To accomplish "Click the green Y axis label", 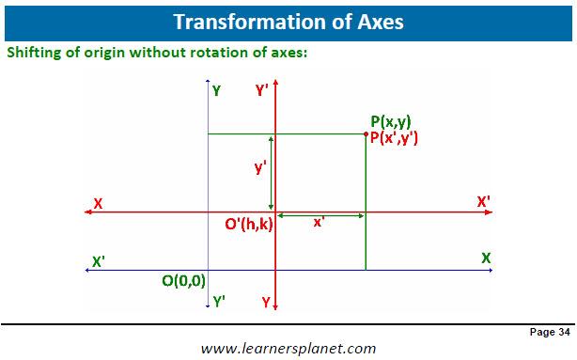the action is pyautogui.click(x=217, y=90).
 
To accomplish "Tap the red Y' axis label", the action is pyautogui.click(x=261, y=90).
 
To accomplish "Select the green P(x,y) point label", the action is pyautogui.click(x=390, y=121).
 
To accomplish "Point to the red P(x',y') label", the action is pyautogui.click(x=394, y=137).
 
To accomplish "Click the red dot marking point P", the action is pyautogui.click(x=366, y=134).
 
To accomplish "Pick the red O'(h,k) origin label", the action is pyautogui.click(x=249, y=224).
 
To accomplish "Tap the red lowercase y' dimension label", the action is pyautogui.click(x=260, y=167).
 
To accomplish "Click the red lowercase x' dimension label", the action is pyautogui.click(x=319, y=223).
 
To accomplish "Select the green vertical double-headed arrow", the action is pyautogui.click(x=272, y=173).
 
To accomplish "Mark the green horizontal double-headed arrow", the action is pyautogui.click(x=320, y=215).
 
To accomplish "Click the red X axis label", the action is pyautogui.click(x=98, y=204).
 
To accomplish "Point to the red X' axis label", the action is pyautogui.click(x=484, y=202).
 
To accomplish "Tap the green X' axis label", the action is pyautogui.click(x=99, y=261).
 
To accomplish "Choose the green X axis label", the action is pyautogui.click(x=486, y=258).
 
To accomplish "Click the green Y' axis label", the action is pyautogui.click(x=219, y=302).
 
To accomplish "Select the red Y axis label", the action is pyautogui.click(x=266, y=303).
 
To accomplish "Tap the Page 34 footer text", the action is pyautogui.click(x=550, y=332).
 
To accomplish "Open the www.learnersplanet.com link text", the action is pyautogui.click(x=288, y=348).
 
